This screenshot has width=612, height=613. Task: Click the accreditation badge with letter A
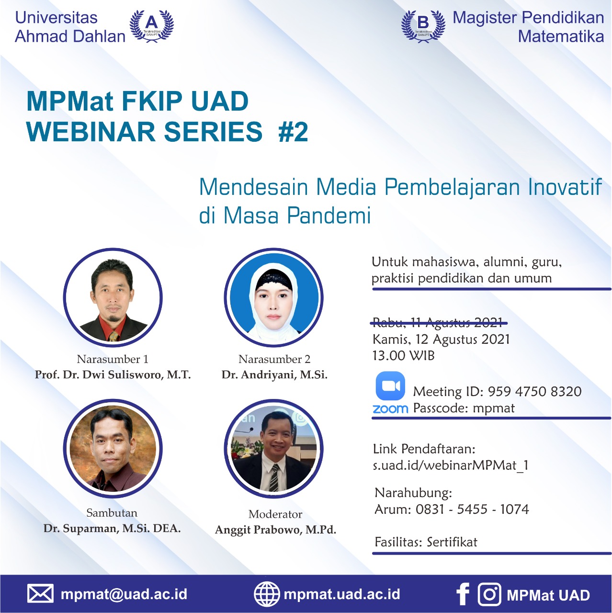pyautogui.click(x=152, y=26)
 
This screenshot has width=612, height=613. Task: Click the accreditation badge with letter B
pyautogui.click(x=423, y=26)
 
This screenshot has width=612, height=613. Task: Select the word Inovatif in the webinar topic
pyautogui.click(x=565, y=187)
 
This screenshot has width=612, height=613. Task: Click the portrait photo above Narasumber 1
pyautogui.click(x=113, y=297)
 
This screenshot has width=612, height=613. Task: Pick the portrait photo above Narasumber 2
pyautogui.click(x=273, y=297)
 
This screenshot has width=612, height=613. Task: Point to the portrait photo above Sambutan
pyautogui.click(x=113, y=448)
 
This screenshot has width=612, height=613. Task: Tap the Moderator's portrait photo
pyautogui.click(x=273, y=448)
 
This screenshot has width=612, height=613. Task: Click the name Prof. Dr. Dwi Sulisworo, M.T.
pyautogui.click(x=113, y=375)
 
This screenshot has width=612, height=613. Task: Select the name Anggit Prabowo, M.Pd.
pyautogui.click(x=275, y=530)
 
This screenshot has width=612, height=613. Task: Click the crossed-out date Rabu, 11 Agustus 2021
pyautogui.click(x=438, y=323)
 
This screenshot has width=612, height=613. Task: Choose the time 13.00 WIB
pyautogui.click(x=403, y=355)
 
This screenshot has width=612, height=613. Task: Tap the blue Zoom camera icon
pyautogui.click(x=390, y=386)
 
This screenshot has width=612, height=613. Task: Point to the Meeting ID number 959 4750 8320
pyautogui.click(x=534, y=391)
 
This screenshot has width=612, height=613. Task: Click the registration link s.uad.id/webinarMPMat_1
pyautogui.click(x=451, y=465)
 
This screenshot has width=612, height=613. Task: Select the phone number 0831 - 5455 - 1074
pyautogui.click(x=472, y=509)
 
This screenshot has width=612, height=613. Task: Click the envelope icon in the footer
pyautogui.click(x=40, y=593)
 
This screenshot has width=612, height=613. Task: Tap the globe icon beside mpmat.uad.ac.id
pyautogui.click(x=267, y=593)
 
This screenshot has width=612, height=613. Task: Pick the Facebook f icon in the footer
pyautogui.click(x=463, y=593)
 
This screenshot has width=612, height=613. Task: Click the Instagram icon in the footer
pyautogui.click(x=489, y=593)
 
